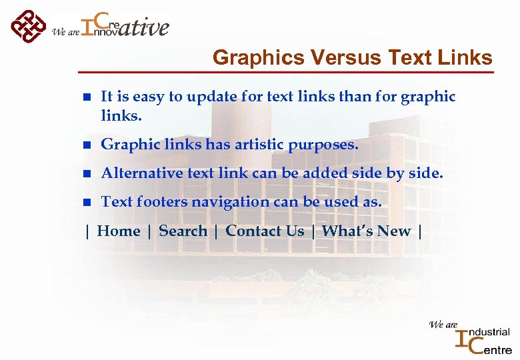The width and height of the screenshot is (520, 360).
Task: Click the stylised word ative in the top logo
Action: click(145, 28)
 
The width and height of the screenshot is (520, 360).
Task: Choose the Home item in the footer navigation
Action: click(119, 231)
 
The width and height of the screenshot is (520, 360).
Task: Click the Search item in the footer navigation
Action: click(183, 231)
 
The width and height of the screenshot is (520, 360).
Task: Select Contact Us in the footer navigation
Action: click(265, 231)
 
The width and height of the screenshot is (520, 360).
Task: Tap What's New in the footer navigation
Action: click(366, 231)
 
